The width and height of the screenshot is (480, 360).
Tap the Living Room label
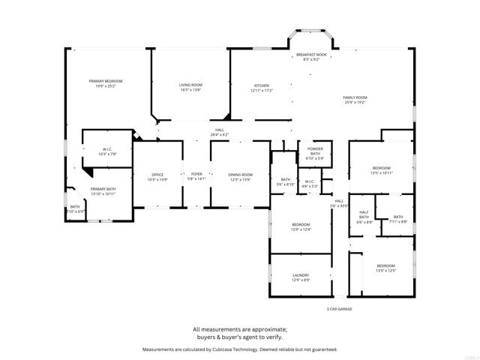pyautogui.click(x=190, y=87)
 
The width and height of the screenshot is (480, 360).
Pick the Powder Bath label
pyautogui.click(x=315, y=154)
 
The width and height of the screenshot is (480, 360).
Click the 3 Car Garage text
pyautogui.click(x=339, y=309)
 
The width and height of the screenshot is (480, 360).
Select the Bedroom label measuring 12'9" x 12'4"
pyautogui.click(x=301, y=226)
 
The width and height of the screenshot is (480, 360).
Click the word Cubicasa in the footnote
pyautogui.click(x=224, y=349)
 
